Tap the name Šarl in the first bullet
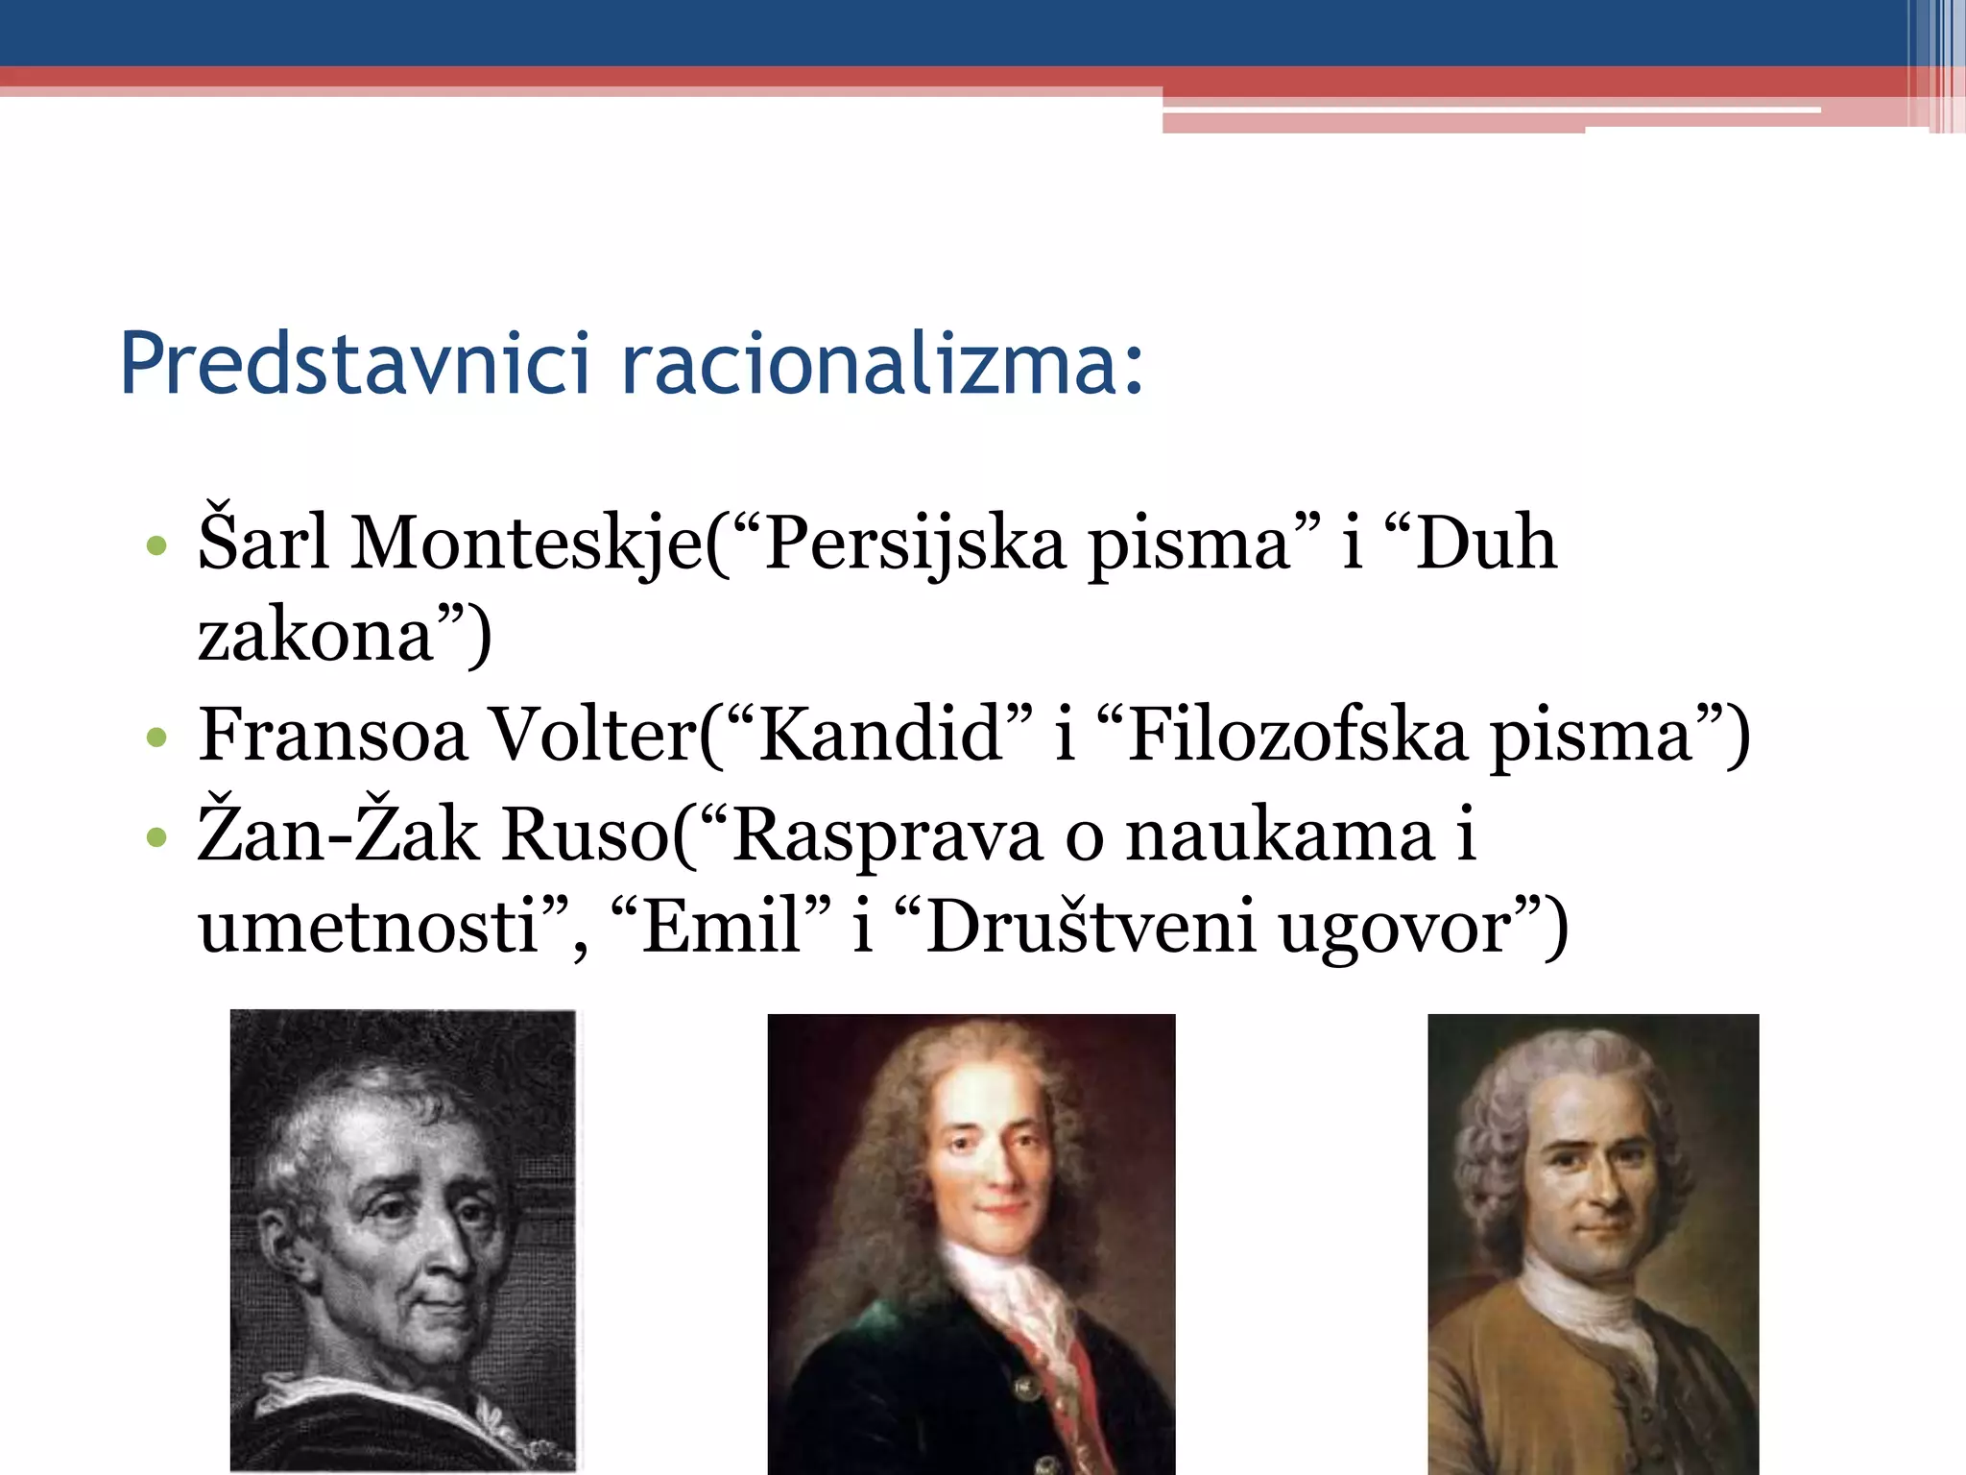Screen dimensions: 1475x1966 pyautogui.click(x=263, y=543)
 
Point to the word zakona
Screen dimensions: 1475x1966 pyautogui.click(x=317, y=635)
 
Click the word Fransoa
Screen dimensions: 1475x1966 pyautogui.click(x=332, y=735)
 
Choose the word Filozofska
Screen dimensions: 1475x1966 pyautogui.click(x=1297, y=735)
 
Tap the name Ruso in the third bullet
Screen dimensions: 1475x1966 pyautogui.click(x=585, y=834)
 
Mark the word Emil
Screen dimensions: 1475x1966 pyautogui.click(x=721, y=926)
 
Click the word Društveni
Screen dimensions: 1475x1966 pyautogui.click(x=1091, y=926)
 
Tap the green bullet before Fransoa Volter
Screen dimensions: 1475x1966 pyautogui.click(x=156, y=737)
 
